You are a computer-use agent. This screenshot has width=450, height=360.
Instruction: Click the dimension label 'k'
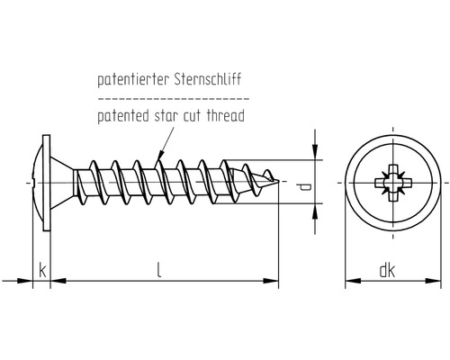[41, 269]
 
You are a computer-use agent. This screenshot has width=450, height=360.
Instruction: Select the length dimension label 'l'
[158, 268]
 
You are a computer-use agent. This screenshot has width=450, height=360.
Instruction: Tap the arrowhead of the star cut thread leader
[159, 160]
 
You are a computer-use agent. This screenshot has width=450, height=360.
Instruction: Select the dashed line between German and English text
[172, 96]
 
